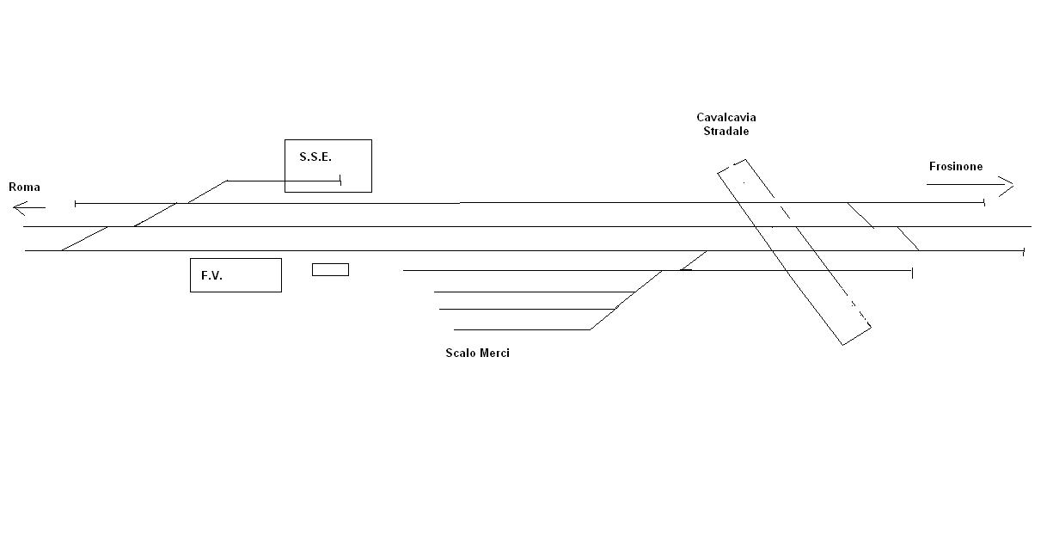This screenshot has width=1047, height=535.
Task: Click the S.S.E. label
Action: pos(315,157)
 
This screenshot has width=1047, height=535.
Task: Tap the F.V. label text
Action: pos(211,276)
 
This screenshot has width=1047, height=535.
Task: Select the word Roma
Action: pos(24,187)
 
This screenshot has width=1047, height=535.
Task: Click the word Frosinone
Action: pos(955,166)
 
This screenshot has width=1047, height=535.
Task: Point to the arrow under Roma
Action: pos(29,206)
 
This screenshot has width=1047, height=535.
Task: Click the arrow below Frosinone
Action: pos(970,184)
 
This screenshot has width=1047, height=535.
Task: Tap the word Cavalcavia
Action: pos(726,118)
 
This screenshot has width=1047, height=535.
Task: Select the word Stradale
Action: pos(726,132)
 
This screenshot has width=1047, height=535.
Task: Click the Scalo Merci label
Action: pos(477,354)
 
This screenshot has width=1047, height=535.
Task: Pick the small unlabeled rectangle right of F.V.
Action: pos(330,270)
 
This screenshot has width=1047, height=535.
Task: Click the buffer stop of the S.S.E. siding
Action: pos(341,181)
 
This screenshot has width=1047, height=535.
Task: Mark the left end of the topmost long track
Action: pos(77,204)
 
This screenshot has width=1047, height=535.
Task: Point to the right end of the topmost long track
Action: pos(983,202)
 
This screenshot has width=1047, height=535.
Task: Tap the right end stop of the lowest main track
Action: pos(1024,251)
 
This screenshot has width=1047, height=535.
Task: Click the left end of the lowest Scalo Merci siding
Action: pos(455,329)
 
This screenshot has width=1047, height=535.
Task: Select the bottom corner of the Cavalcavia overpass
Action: pos(843,344)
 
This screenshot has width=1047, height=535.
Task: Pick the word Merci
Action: pos(494,354)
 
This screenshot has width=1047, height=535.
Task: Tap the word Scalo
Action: pos(460,354)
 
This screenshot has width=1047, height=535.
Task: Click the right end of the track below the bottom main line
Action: pos(912,273)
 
